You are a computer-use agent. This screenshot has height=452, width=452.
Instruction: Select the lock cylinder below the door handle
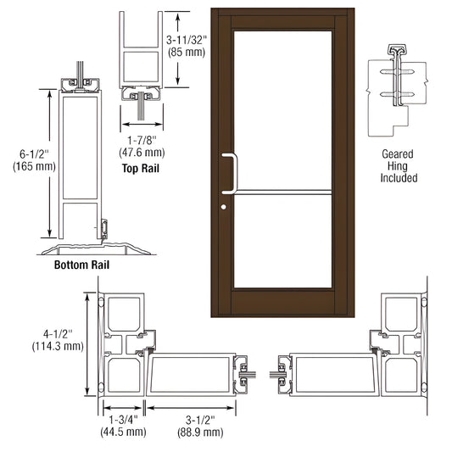pos(224,208)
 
